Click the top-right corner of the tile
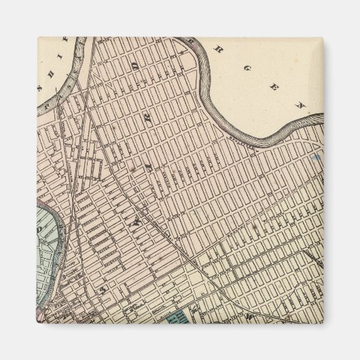pos(324,37)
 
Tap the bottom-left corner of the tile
pos(37,323)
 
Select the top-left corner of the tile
pos(37,37)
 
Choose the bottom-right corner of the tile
pos(324,323)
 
